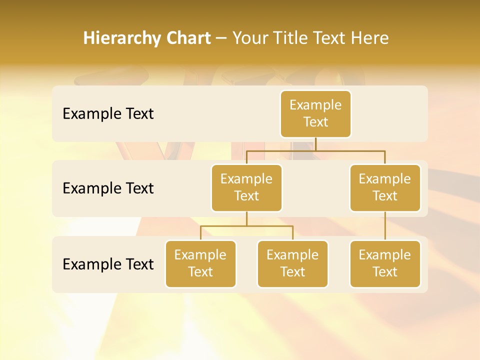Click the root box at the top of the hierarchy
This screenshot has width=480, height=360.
(315, 113)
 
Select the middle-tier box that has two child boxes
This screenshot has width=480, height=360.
(246, 187)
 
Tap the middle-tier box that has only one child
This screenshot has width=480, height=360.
(384, 187)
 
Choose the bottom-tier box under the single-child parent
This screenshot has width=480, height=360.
(384, 263)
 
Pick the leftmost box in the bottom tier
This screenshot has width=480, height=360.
(200, 263)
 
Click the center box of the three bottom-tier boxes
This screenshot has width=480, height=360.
(292, 263)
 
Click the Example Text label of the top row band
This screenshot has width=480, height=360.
(108, 114)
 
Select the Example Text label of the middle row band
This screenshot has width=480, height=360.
(108, 188)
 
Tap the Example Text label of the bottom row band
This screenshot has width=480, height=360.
(108, 264)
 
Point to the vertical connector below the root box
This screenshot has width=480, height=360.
(315, 144)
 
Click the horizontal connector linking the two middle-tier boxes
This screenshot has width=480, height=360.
(315, 150)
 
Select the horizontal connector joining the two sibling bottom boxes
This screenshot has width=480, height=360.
(246, 226)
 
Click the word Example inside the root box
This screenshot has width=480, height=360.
(315, 105)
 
